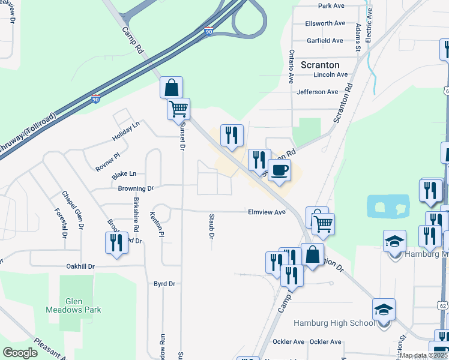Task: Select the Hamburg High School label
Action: [x=334, y=323]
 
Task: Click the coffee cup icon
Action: [x=279, y=170]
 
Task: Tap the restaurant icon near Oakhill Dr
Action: [x=115, y=242]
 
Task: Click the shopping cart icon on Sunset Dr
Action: [x=178, y=109]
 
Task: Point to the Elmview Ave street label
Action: [x=267, y=212]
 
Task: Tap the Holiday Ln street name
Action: [x=125, y=131]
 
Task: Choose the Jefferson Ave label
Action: [x=318, y=92]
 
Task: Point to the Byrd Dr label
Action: [x=164, y=284]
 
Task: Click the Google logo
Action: [x=20, y=353]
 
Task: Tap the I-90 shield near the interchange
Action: [x=208, y=31]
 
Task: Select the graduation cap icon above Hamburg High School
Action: [x=384, y=310]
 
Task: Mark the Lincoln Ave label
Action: [x=330, y=75]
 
